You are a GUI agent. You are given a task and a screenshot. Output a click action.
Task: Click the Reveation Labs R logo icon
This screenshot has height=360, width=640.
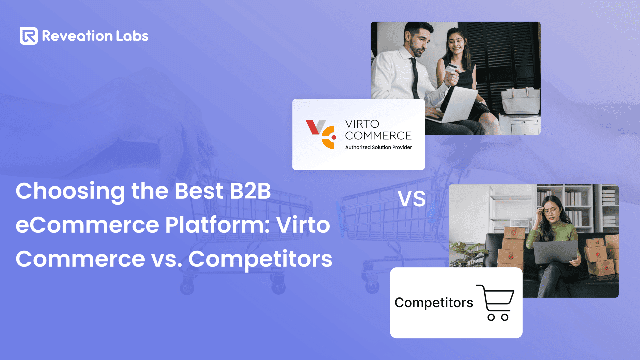click(29, 36)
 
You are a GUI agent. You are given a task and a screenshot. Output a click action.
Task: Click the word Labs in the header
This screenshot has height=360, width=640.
click(132, 36)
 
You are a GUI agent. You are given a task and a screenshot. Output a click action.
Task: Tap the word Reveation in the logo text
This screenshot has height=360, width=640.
click(77, 36)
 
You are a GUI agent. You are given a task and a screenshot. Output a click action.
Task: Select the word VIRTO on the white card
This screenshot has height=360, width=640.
click(362, 124)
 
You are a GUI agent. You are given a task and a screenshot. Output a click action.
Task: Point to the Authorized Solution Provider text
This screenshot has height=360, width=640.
click(378, 147)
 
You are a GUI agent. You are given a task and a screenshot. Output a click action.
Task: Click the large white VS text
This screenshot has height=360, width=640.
click(412, 199)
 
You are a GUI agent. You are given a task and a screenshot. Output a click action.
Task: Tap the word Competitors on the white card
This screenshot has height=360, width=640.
click(434, 303)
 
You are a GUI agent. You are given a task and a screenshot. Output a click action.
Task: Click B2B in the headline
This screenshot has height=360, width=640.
click(250, 191)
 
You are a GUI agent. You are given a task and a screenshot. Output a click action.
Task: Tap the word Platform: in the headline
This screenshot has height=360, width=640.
click(218, 225)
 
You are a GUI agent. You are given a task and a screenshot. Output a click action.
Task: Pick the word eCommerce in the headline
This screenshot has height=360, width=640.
click(87, 225)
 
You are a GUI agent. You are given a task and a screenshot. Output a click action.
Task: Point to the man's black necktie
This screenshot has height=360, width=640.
click(415, 78)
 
